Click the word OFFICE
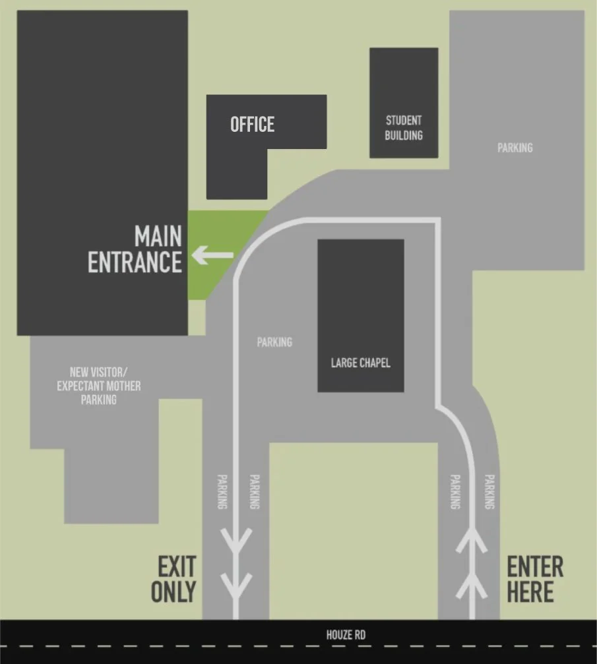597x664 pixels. (x=252, y=124)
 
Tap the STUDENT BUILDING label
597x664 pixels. (x=404, y=128)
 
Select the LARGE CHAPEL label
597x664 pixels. (x=360, y=363)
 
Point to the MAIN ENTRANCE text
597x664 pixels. (x=136, y=250)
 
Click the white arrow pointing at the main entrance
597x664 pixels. (x=212, y=255)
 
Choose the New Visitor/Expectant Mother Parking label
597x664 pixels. (x=98, y=386)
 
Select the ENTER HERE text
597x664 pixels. (x=535, y=579)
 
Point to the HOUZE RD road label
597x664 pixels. (x=346, y=636)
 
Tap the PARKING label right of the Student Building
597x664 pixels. (x=515, y=148)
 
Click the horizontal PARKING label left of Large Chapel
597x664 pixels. (x=274, y=342)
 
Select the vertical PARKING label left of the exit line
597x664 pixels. (x=222, y=491)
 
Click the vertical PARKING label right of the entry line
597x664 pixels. (x=489, y=491)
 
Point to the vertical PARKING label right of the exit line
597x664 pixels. (x=254, y=491)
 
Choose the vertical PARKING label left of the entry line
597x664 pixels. (x=455, y=491)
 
